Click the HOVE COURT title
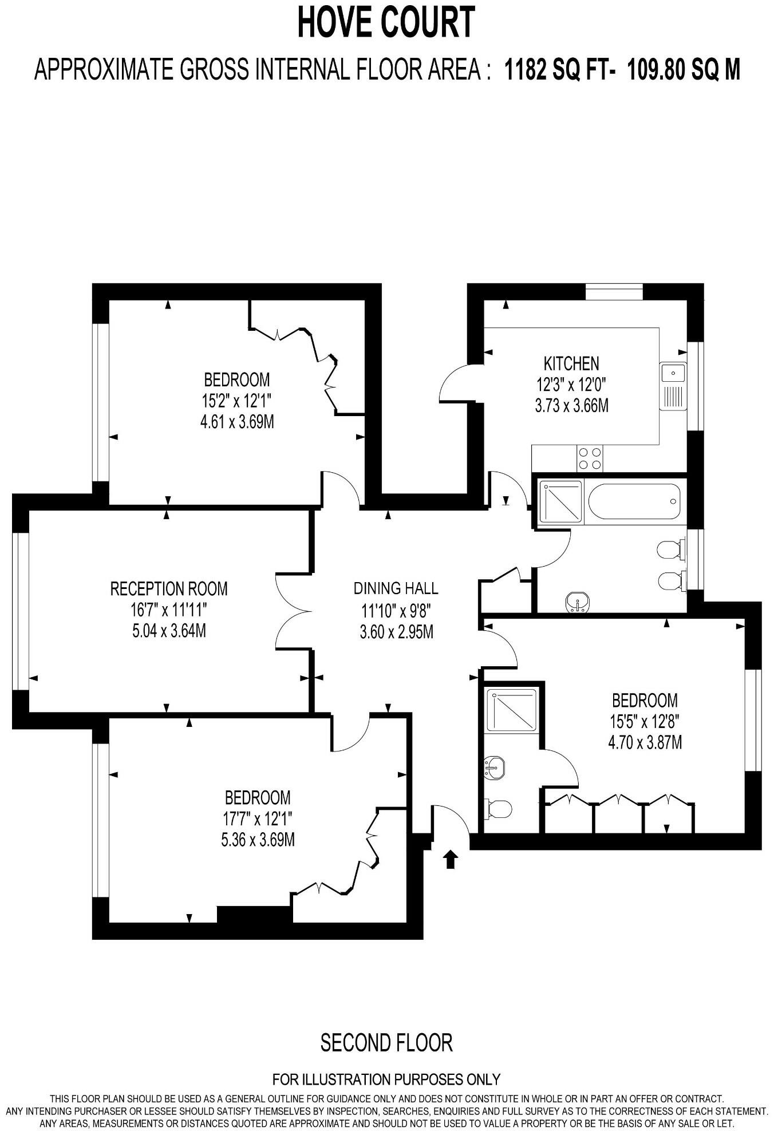[386, 23]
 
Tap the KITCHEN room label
[571, 363]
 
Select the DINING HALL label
[396, 588]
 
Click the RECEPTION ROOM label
[169, 588]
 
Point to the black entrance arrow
[451, 859]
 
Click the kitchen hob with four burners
[590, 458]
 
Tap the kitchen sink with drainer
[673, 386]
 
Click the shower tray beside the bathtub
[560, 502]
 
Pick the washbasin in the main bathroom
[578, 603]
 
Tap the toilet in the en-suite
[497, 809]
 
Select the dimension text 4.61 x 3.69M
[236, 422]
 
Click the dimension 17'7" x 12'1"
[258, 818]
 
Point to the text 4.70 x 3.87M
[645, 743]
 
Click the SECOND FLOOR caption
[386, 1043]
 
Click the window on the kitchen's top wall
[615, 292]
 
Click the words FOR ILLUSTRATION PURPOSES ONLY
[386, 1079]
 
